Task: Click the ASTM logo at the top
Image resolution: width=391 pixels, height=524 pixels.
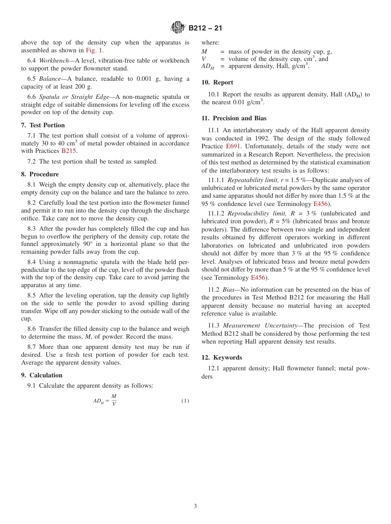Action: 178,28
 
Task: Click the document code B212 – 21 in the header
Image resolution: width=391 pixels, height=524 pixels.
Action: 205,28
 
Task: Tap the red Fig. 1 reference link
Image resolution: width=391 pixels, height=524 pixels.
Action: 94,50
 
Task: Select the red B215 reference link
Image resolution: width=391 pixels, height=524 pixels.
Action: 69,151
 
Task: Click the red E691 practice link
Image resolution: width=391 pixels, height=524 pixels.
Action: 233,146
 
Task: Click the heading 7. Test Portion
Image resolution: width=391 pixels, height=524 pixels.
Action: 43,125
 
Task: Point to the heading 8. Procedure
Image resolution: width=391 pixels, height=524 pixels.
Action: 40,174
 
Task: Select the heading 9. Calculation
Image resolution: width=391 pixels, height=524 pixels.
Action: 42,375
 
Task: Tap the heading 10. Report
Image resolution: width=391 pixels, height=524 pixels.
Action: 217,82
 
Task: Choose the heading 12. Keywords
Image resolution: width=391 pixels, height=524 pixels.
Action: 222,358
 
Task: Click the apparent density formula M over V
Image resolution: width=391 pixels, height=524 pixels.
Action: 105,400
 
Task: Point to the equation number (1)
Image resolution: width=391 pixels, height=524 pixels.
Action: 185,401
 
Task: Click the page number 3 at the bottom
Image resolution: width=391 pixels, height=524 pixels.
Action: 195,506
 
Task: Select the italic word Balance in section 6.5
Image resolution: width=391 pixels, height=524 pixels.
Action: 50,79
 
